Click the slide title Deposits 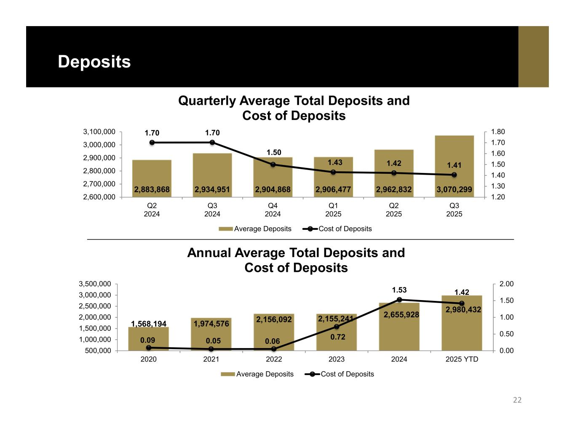[94, 61]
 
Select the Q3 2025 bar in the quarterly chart [454, 160]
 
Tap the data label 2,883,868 [152, 190]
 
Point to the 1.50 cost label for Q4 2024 [273, 152]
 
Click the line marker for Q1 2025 [333, 172]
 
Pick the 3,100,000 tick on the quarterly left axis [99, 132]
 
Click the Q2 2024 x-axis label [152, 210]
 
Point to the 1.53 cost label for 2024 [399, 290]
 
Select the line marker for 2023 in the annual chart [337, 327]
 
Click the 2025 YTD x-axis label [462, 359]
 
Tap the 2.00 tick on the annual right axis [506, 284]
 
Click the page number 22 [517, 400]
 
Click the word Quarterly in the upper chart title [207, 101]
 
